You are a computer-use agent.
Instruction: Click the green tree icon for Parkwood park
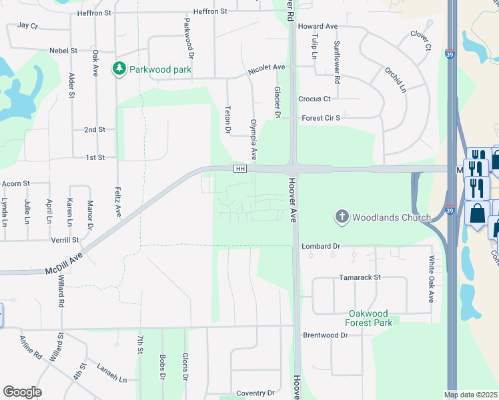coord(119,68)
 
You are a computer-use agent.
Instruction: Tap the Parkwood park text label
coord(161,69)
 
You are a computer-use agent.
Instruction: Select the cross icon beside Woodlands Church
coord(342,216)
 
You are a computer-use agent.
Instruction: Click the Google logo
coord(22,391)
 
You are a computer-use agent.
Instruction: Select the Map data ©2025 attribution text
coord(471,395)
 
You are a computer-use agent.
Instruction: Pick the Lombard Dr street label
coord(321,246)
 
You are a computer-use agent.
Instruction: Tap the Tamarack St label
coord(359,277)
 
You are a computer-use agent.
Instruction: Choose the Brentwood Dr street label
coord(326,335)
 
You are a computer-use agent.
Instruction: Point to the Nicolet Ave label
coord(266,68)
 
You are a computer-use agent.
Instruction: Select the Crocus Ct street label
coord(314,99)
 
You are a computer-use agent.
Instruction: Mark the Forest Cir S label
coord(321,118)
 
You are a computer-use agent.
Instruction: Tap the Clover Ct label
coord(421,41)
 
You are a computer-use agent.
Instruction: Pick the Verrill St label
coord(65,239)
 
